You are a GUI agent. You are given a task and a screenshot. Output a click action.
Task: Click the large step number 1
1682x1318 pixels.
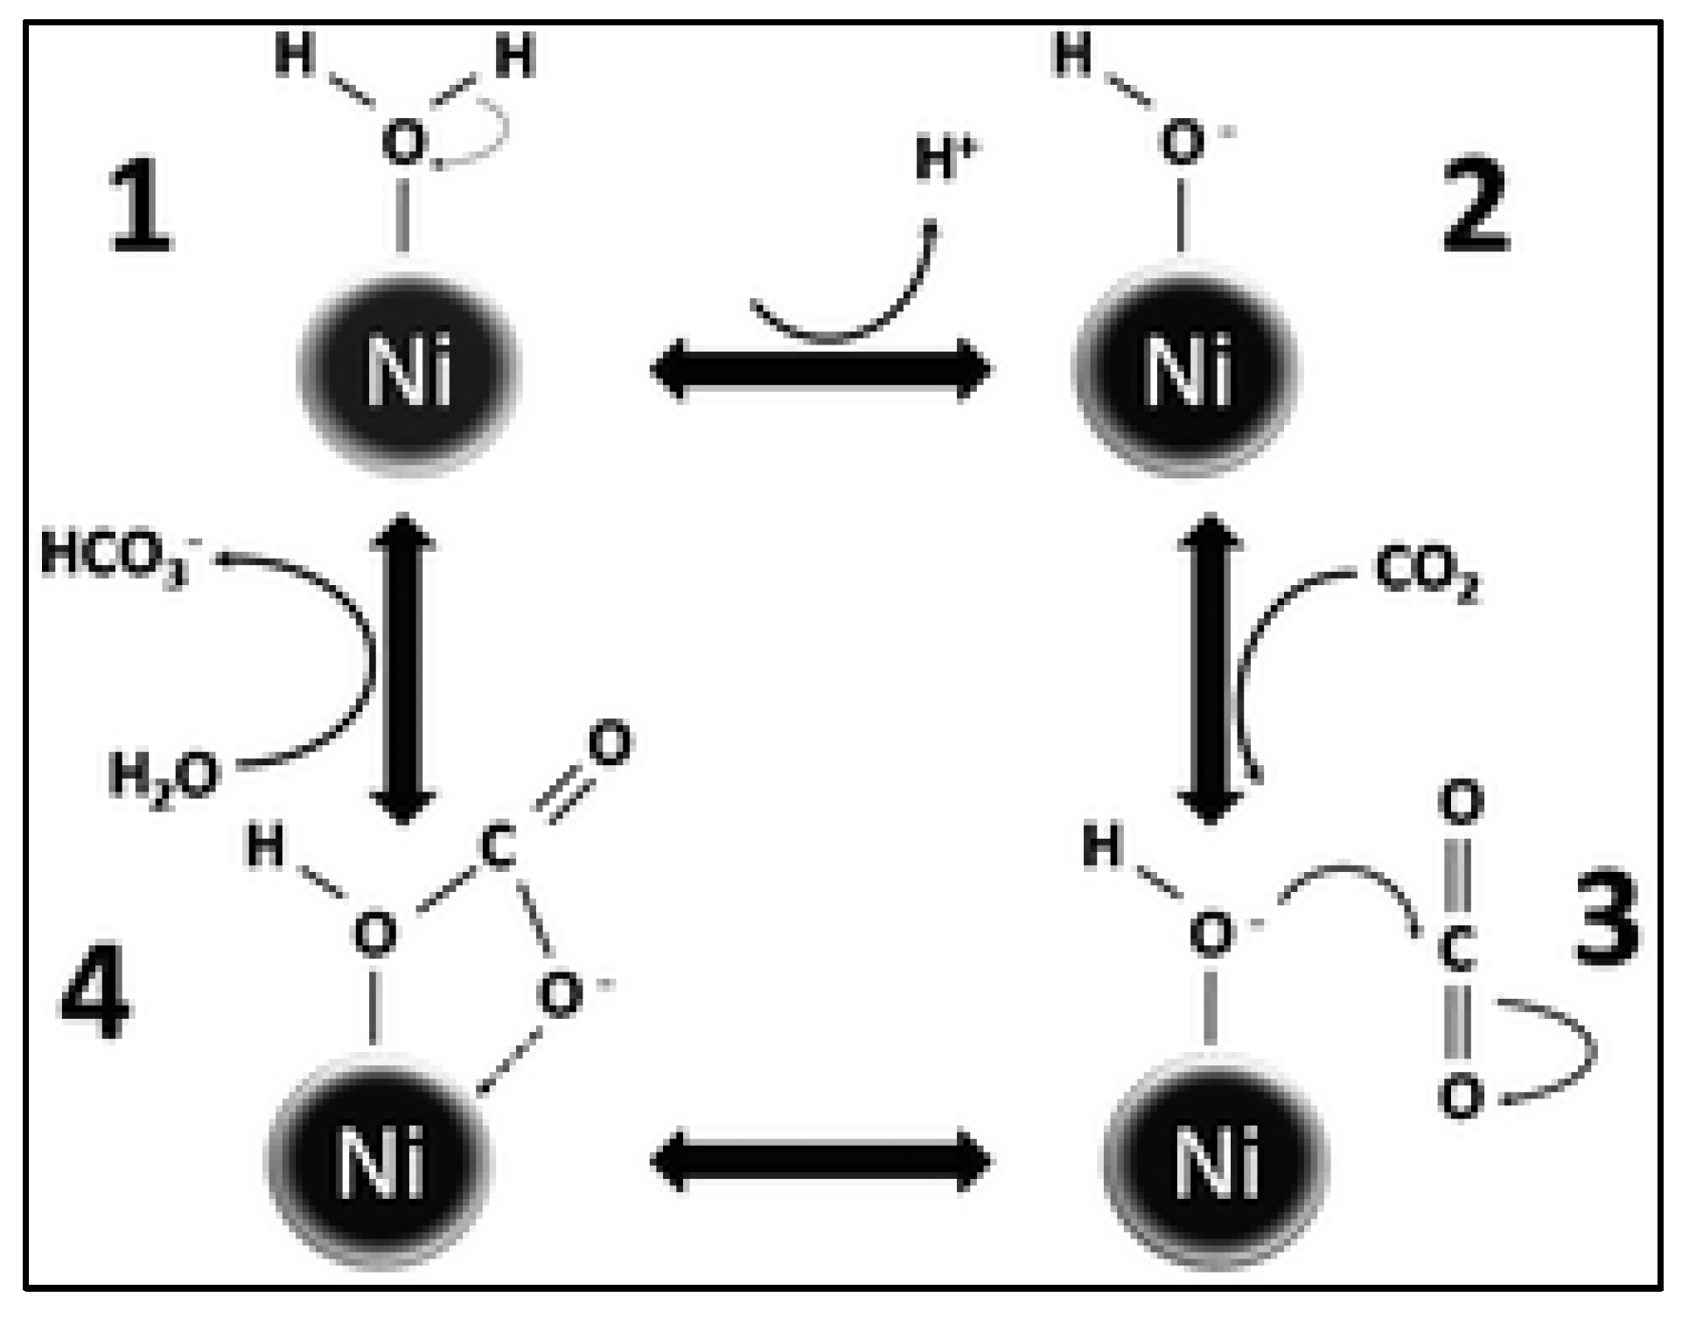[140, 209]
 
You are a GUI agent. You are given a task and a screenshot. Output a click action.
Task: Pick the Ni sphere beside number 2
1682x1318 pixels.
[1187, 371]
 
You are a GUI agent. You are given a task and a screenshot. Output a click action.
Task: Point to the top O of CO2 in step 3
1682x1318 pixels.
[1461, 803]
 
